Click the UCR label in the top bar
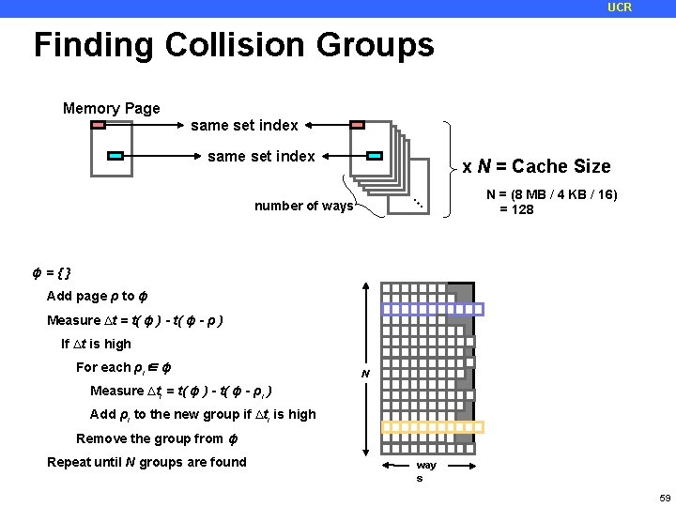click(620, 8)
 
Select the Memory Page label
click(111, 109)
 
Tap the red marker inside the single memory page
click(99, 124)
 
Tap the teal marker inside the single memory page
click(115, 155)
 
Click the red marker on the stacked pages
click(357, 124)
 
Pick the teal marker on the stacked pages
click(374, 155)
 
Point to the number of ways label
click(303, 207)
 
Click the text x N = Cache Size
click(536, 167)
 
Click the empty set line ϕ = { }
click(52, 273)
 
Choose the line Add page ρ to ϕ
click(97, 297)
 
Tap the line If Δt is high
click(96, 344)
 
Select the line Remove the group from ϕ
click(149, 438)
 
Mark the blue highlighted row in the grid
click(432, 309)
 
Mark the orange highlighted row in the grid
click(432, 427)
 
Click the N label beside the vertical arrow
click(366, 375)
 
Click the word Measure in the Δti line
click(116, 391)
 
